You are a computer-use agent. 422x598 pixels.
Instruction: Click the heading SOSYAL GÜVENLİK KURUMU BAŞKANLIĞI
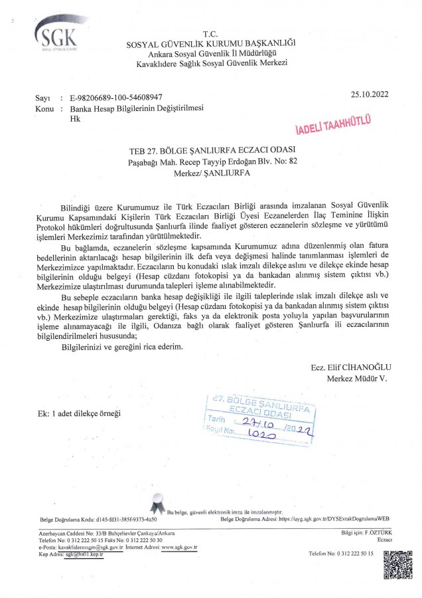(x=211, y=44)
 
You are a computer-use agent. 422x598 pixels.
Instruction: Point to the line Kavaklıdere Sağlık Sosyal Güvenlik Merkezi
(x=211, y=62)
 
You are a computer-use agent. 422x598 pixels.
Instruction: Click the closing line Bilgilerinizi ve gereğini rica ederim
(x=121, y=347)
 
